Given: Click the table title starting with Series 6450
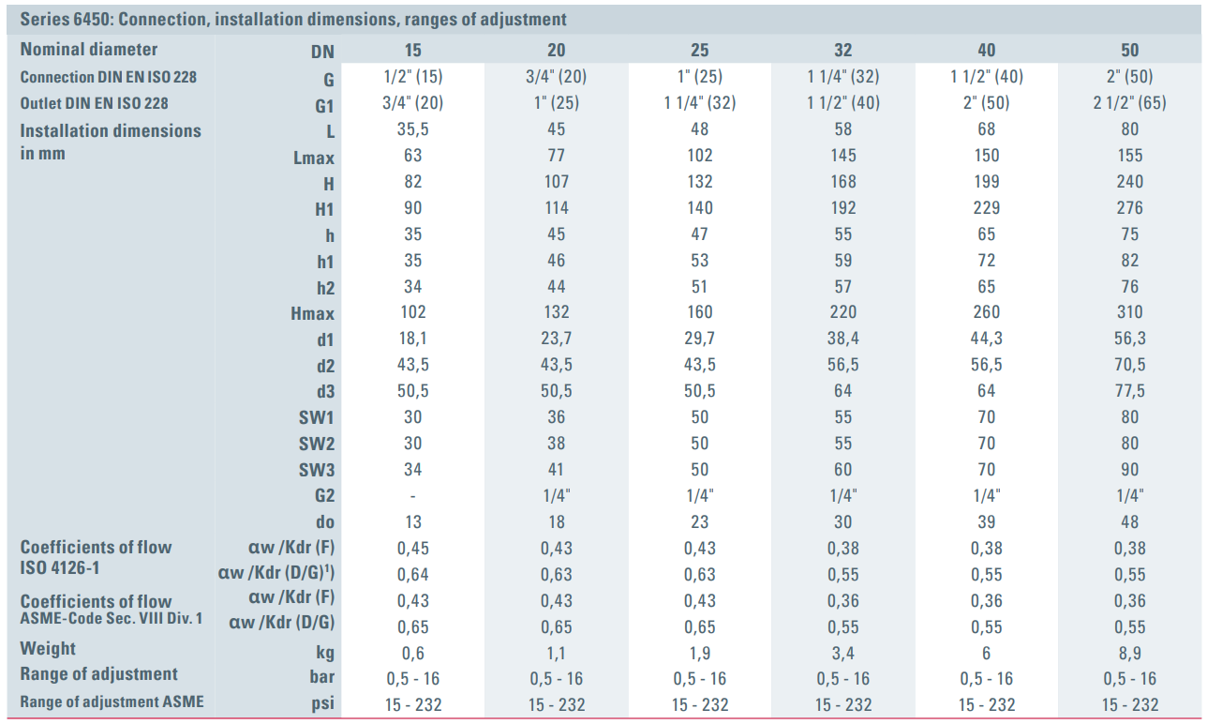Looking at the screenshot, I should coord(293,19).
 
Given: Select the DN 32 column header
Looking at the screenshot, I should coord(842,50).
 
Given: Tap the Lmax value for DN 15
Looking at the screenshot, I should coord(412,155).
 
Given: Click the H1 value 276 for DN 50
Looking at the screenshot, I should coord(1129,207).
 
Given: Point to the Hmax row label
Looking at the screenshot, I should coord(312,313).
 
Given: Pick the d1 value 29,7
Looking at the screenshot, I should coord(699,338).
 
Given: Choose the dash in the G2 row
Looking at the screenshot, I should coord(412,496).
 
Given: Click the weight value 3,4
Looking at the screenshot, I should coord(842,653).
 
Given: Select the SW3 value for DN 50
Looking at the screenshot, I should coord(1129,469).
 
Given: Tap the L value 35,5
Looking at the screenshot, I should coord(412,128).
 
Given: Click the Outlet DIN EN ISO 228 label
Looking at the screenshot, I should coord(95,102).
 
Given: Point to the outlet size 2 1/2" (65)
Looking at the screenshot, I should coord(1129,102).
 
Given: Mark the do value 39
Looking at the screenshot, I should coord(986,521).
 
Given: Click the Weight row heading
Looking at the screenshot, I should coord(48,648).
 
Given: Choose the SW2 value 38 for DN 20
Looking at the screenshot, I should coord(556,443).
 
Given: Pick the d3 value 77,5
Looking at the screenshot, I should coord(1129,390).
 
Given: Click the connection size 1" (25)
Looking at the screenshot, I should coord(699,77).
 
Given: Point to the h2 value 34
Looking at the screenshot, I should coord(412,286).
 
